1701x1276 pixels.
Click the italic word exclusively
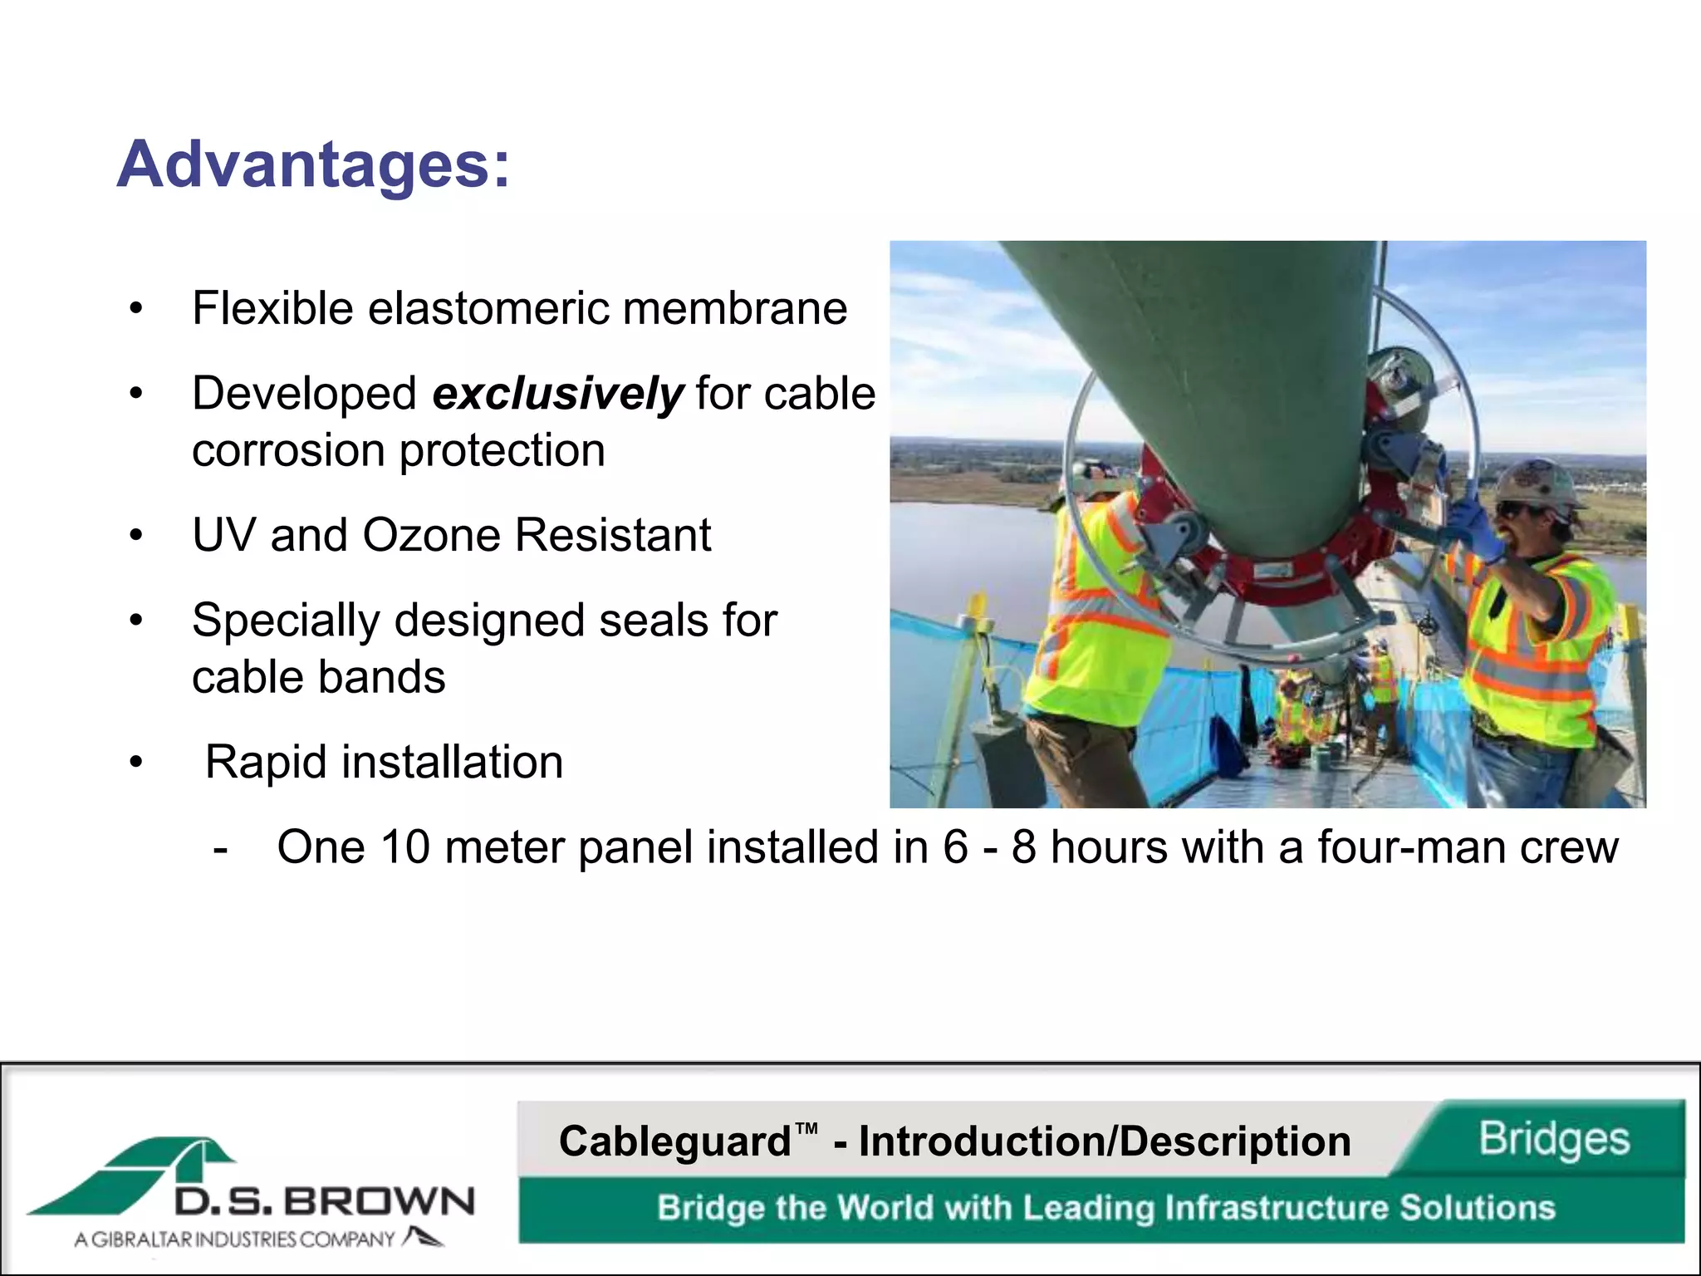tap(558, 394)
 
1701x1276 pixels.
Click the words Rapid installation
tap(384, 762)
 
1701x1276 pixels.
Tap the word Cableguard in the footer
tap(674, 1141)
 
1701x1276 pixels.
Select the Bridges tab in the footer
tap(1553, 1138)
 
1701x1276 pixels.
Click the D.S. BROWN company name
tap(324, 1201)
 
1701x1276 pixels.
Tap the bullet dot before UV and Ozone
tap(136, 536)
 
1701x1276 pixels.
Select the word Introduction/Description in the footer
tap(1105, 1141)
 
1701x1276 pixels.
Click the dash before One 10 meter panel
tap(220, 849)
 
